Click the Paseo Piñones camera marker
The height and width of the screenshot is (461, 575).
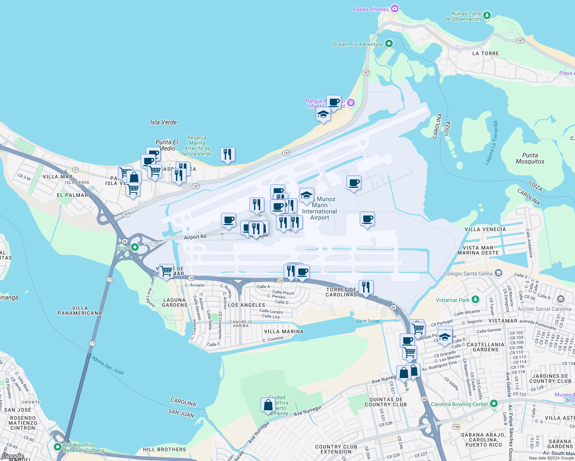(x=395, y=8)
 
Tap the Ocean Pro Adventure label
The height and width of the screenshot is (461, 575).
(x=357, y=44)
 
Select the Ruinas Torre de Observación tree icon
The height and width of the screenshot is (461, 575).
(x=487, y=15)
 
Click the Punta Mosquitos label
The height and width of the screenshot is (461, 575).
(x=530, y=158)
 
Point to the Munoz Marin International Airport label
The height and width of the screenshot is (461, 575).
(x=320, y=209)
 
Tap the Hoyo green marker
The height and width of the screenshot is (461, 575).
(x=135, y=247)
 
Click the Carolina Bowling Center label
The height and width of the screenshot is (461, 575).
(x=459, y=404)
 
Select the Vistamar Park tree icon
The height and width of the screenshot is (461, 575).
(x=475, y=299)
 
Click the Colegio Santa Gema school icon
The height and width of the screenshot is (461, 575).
(x=499, y=273)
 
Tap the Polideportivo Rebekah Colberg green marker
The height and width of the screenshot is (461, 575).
(x=58, y=446)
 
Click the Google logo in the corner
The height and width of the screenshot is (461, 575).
(x=13, y=456)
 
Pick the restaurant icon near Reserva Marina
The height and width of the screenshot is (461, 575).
(x=228, y=154)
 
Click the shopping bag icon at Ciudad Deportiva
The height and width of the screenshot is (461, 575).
(x=268, y=405)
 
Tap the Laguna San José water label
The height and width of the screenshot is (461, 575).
(x=107, y=364)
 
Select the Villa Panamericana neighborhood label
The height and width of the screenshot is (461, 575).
(x=80, y=310)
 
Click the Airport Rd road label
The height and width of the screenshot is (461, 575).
(x=195, y=237)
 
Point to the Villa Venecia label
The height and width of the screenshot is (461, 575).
(x=485, y=229)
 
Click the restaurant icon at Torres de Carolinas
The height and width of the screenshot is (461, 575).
(x=366, y=287)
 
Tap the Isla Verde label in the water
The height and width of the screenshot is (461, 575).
(x=163, y=122)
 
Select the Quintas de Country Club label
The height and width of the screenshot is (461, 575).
(x=386, y=402)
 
